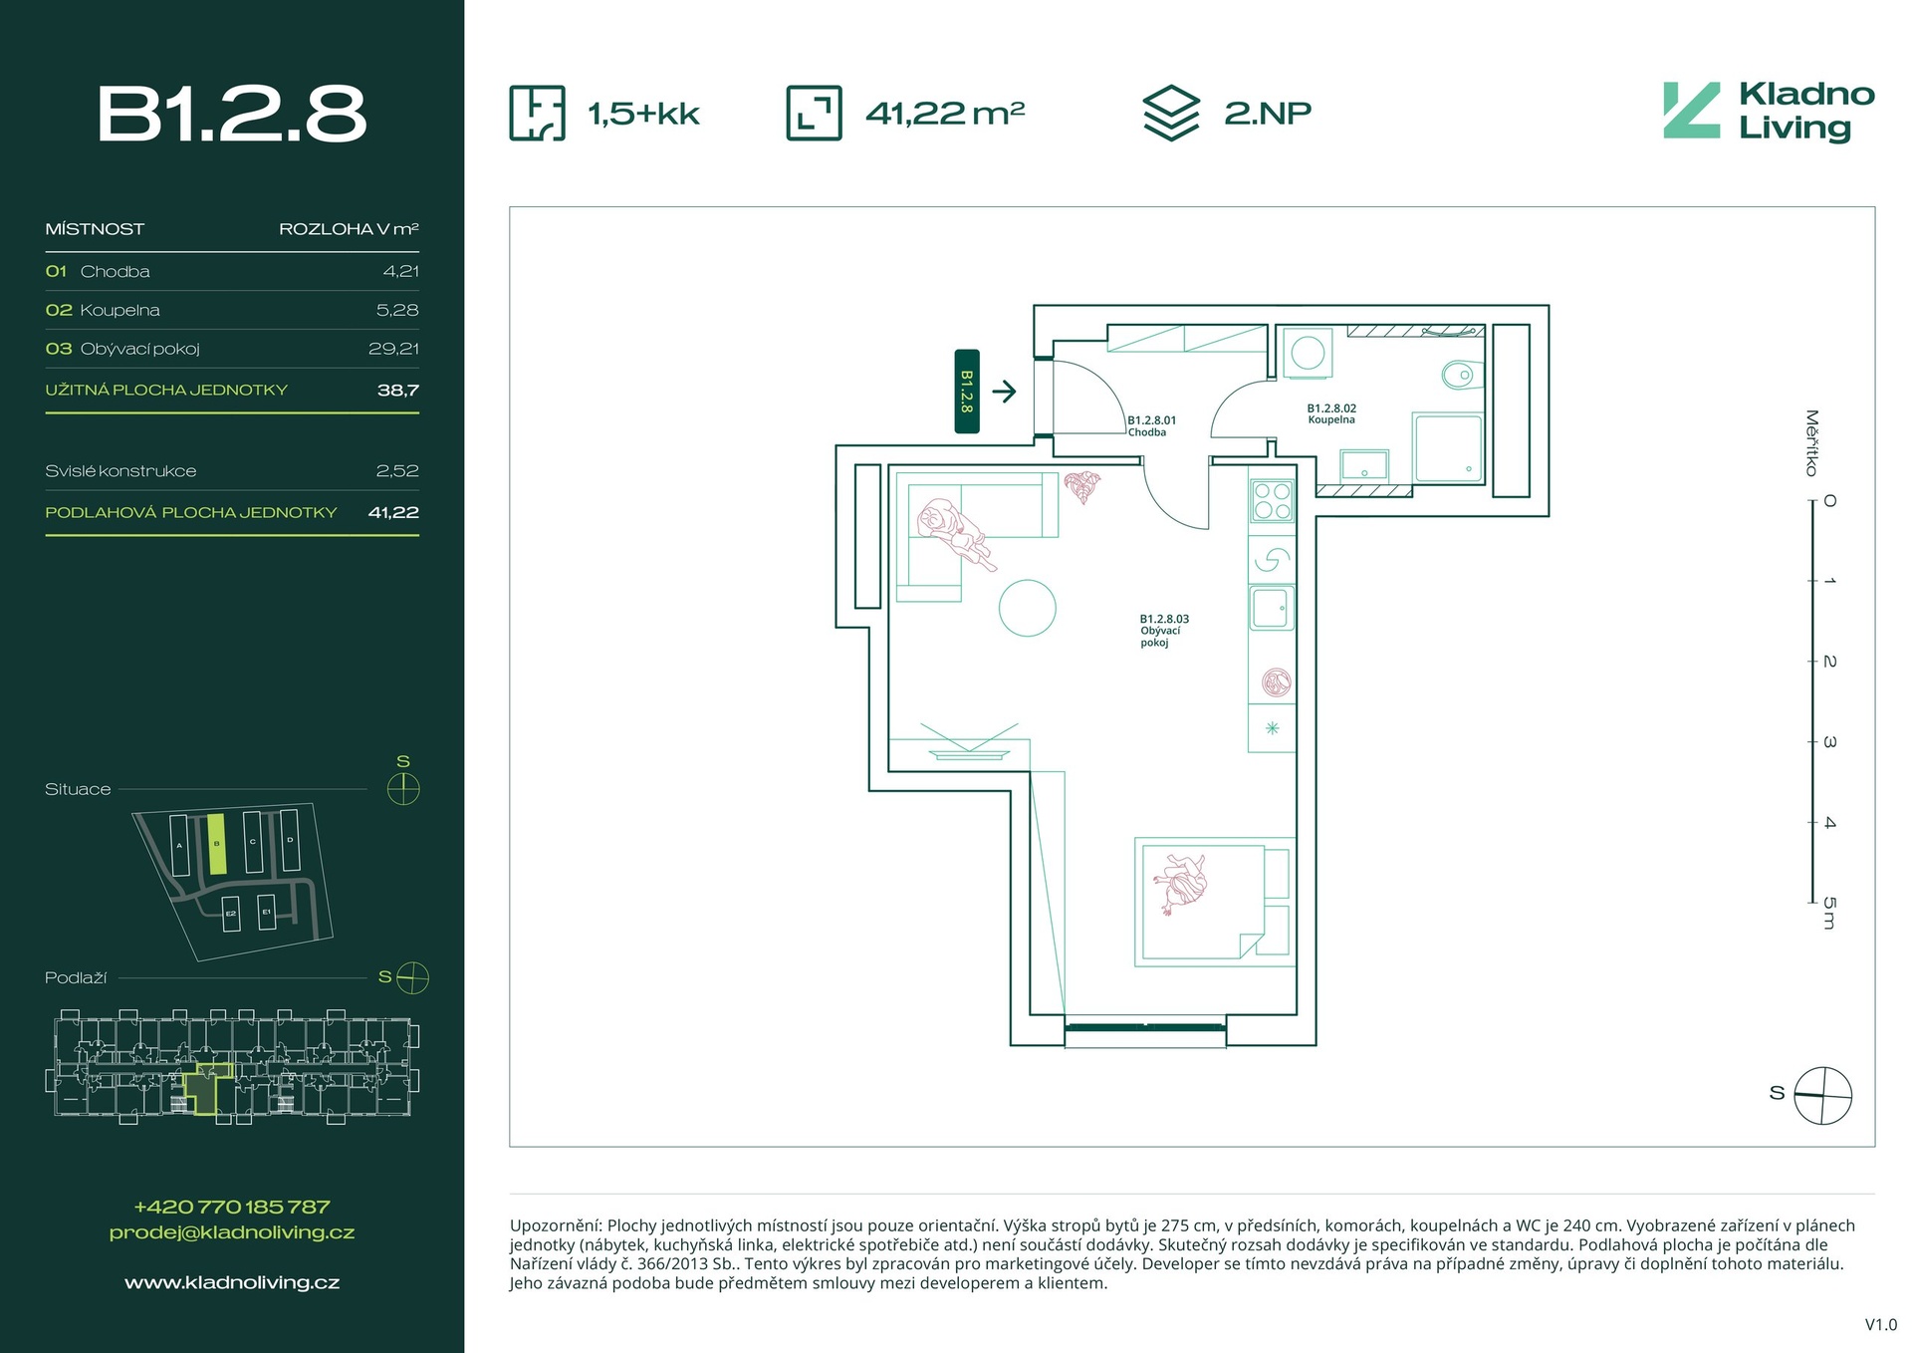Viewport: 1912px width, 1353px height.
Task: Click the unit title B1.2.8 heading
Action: pyautogui.click(x=232, y=114)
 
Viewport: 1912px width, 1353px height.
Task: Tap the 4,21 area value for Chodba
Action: pyautogui.click(x=400, y=271)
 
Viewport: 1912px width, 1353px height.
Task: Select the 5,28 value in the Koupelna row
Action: pyautogui.click(x=397, y=310)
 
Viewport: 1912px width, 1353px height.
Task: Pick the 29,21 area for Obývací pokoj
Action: pyautogui.click(x=393, y=349)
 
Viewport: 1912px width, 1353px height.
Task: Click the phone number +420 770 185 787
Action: pyautogui.click(x=232, y=1207)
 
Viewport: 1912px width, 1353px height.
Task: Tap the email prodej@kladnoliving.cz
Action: pyautogui.click(x=232, y=1232)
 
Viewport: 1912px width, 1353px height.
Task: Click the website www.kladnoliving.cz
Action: pyautogui.click(x=232, y=1283)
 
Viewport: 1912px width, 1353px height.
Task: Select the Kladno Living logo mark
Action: pyautogui.click(x=1691, y=111)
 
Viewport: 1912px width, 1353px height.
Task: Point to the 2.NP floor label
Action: pyautogui.click(x=1267, y=113)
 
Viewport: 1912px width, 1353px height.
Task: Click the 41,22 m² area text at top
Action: pyautogui.click(x=945, y=113)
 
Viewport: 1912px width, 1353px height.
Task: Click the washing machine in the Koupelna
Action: pyautogui.click(x=1308, y=353)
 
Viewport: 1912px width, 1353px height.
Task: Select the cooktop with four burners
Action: pyautogui.click(x=1272, y=500)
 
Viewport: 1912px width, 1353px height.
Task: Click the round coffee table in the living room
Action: pyautogui.click(x=1027, y=608)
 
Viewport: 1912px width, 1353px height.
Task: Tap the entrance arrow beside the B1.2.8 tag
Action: pyautogui.click(x=1004, y=391)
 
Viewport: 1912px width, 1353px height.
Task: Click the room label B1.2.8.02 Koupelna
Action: pyautogui.click(x=1331, y=413)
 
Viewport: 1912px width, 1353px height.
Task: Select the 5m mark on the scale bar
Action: pyautogui.click(x=1828, y=912)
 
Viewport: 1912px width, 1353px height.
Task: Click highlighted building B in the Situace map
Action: pyautogui.click(x=217, y=844)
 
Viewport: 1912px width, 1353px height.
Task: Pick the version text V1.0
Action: pyautogui.click(x=1880, y=1325)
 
